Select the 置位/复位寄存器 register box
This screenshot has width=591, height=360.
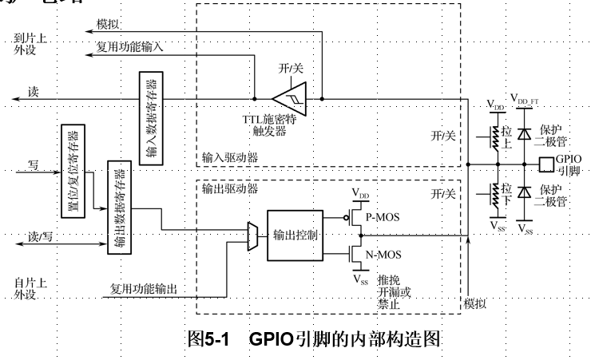click(x=72, y=168)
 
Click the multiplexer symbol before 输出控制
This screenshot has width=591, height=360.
click(x=253, y=235)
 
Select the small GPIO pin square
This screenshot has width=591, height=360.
click(x=546, y=165)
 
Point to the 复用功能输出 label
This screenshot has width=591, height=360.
click(x=144, y=288)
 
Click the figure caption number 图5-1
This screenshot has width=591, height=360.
click(x=208, y=338)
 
